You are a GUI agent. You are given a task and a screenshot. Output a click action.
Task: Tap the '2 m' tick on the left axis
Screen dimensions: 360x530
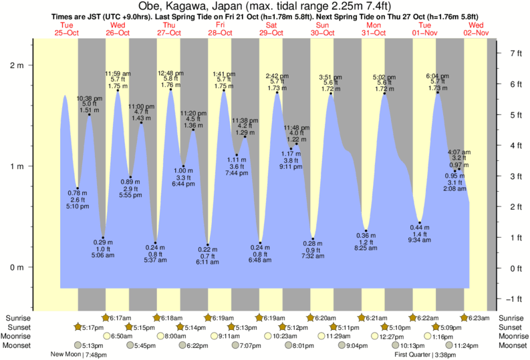(x=16, y=65)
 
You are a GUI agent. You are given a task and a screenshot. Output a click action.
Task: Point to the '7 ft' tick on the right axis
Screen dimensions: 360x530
(x=515, y=53)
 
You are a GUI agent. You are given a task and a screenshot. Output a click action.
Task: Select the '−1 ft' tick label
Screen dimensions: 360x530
(x=515, y=299)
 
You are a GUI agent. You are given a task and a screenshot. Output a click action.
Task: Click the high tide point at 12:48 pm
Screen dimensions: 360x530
(x=171, y=89)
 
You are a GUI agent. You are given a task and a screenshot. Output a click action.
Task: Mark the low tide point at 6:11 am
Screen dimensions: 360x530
(x=208, y=245)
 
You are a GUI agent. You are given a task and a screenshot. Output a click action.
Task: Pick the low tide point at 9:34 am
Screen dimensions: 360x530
(x=420, y=222)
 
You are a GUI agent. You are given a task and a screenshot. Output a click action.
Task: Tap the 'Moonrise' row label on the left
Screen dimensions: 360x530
(x=20, y=337)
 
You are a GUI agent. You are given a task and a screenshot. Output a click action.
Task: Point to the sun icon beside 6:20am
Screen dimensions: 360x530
(x=311, y=317)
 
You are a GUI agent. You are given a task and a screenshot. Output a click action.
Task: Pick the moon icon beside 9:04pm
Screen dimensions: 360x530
(x=343, y=346)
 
